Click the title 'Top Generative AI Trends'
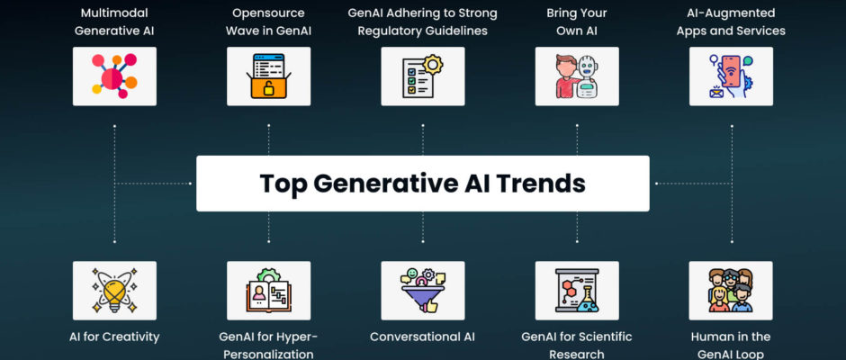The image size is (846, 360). [422, 184]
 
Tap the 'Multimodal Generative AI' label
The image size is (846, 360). [114, 22]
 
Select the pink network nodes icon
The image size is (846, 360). [114, 76]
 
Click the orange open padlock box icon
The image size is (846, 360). [269, 76]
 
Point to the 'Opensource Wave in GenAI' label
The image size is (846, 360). [269, 22]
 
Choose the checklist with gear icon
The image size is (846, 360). [422, 76]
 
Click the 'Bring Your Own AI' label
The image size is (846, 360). [577, 22]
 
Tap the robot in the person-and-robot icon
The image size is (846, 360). [587, 77]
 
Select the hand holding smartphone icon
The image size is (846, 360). [731, 76]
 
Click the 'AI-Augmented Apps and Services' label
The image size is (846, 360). [731, 22]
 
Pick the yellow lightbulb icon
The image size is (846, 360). [114, 291]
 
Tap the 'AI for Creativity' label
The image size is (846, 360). [114, 337]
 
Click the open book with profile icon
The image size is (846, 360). [269, 291]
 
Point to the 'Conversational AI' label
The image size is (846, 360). [422, 337]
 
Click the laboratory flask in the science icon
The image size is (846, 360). [587, 300]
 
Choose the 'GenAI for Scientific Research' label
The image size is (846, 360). [577, 346]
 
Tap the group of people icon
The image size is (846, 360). [731, 291]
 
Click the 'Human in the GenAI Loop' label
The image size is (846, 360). [731, 346]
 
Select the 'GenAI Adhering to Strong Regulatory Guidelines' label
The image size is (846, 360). [422, 22]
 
